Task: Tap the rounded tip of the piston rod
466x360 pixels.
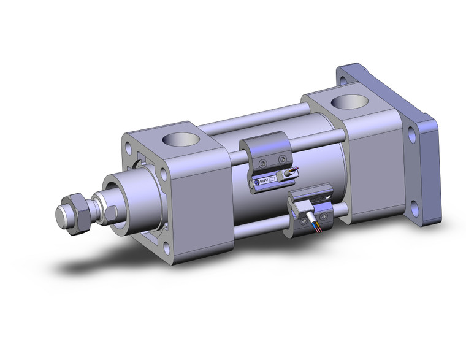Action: click(61, 216)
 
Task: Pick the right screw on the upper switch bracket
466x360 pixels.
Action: click(282, 159)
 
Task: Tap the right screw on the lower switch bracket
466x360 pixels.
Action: click(323, 216)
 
